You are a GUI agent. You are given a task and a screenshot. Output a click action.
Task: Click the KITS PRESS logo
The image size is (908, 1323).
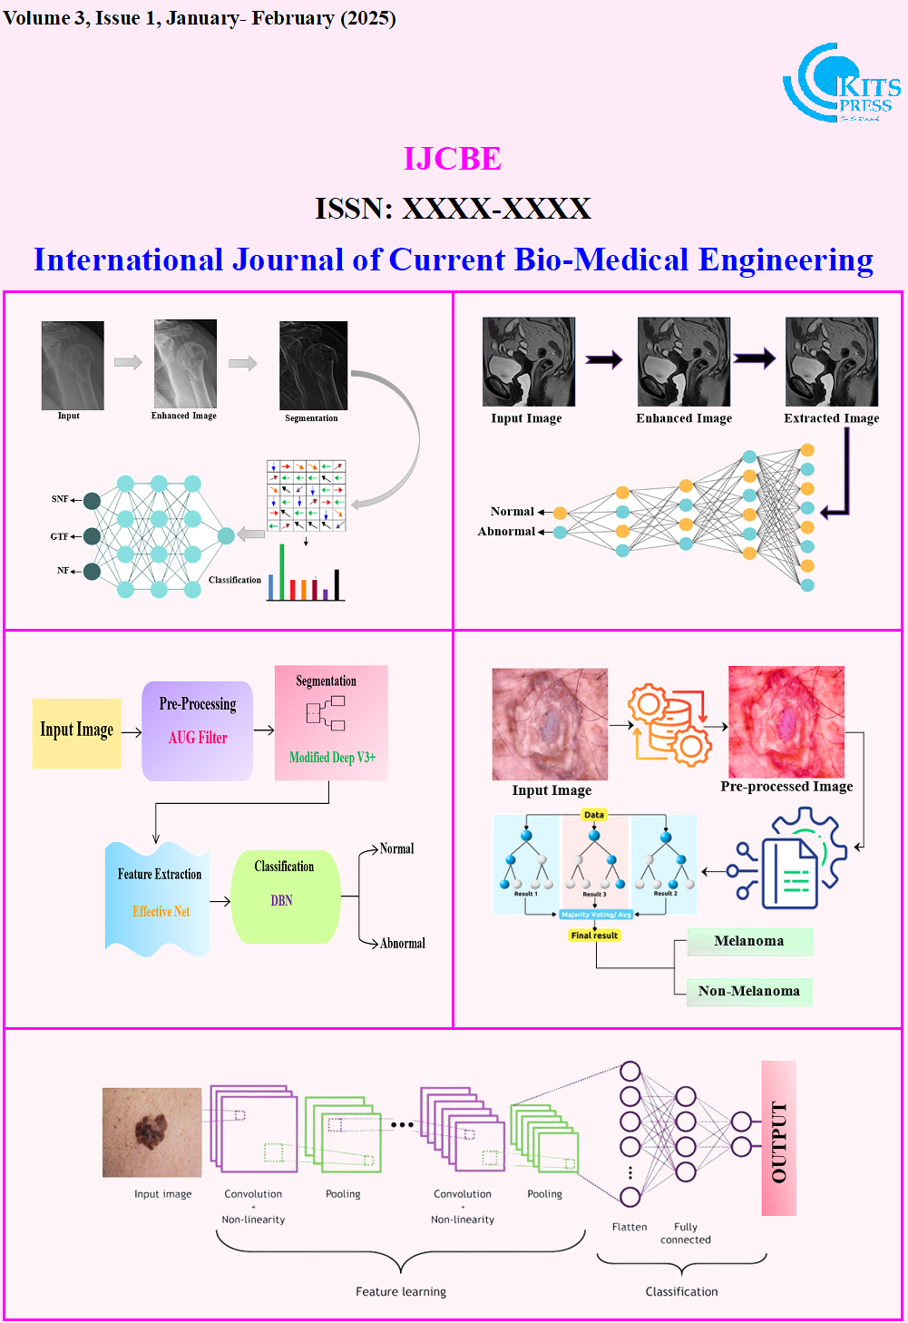tap(841, 83)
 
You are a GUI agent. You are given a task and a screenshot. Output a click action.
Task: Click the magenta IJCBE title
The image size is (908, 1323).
tap(453, 159)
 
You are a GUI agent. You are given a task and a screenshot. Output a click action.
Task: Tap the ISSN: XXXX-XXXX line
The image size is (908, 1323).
tap(453, 209)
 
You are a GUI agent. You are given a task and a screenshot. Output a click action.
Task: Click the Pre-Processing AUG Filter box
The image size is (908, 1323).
tap(198, 730)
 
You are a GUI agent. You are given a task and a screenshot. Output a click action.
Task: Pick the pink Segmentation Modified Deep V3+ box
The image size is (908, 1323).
tap(331, 722)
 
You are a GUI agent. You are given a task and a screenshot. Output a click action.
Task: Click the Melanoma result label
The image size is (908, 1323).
tap(749, 941)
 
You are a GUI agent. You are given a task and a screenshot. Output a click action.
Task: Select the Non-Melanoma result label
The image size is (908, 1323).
tap(749, 991)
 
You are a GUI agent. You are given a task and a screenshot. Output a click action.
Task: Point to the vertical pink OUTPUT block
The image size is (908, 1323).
tap(778, 1139)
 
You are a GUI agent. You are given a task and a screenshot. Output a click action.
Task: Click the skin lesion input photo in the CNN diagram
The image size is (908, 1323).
tap(151, 1132)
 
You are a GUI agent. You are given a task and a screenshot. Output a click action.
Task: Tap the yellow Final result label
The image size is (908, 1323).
tap(594, 936)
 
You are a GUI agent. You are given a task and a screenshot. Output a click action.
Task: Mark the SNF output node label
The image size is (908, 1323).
tap(60, 499)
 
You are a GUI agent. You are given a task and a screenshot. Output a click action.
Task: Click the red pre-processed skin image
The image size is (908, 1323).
tap(786, 721)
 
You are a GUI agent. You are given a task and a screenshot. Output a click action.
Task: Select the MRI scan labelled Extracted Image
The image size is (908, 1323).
tap(832, 361)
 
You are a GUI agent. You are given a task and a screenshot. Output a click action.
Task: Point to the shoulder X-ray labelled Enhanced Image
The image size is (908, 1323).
tap(185, 363)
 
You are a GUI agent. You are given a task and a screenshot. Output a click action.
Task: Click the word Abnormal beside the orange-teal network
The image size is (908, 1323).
tap(506, 532)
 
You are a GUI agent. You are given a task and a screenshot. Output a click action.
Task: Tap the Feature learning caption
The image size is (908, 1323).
tap(401, 1291)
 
